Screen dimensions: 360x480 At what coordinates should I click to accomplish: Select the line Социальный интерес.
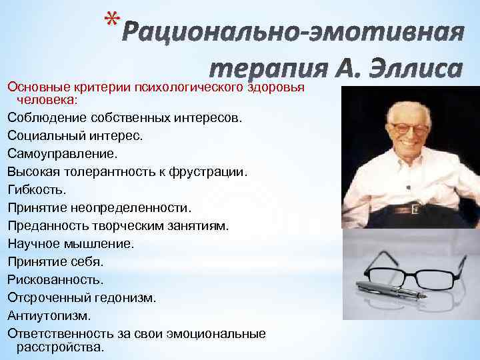75,135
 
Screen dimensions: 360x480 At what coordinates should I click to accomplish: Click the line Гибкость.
37,190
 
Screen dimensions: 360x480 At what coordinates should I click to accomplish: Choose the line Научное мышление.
71,244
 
